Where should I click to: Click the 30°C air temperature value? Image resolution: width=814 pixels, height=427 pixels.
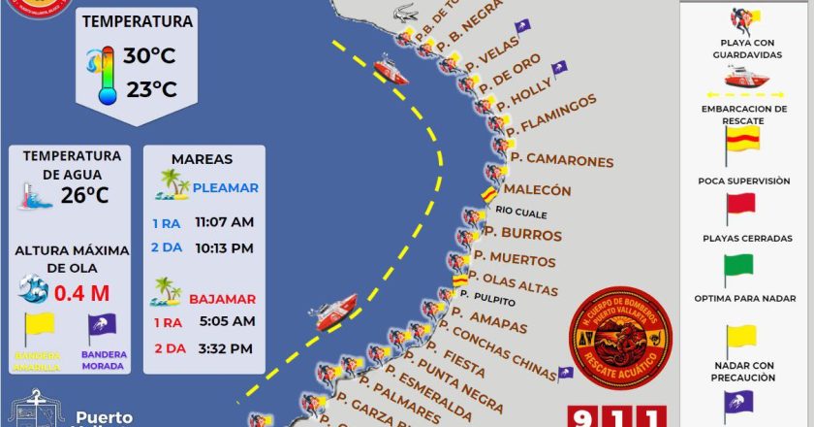[x=149, y=55]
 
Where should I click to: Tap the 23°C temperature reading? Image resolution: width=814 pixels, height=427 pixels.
[x=149, y=90]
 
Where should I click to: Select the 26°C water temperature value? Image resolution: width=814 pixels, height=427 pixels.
[x=84, y=195]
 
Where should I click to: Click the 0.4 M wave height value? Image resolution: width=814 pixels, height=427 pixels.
[x=81, y=292]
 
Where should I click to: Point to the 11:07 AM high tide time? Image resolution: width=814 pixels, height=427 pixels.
[x=224, y=222]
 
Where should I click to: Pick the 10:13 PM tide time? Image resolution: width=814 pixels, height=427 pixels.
[x=224, y=248]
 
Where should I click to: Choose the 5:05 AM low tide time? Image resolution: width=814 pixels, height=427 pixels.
[x=225, y=321]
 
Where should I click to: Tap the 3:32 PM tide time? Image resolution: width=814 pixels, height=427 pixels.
[x=224, y=348]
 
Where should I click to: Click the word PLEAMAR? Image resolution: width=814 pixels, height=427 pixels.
[x=225, y=188]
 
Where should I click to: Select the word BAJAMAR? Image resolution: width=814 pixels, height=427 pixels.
[x=223, y=299]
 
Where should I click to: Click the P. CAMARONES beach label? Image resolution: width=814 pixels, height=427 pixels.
[x=562, y=160]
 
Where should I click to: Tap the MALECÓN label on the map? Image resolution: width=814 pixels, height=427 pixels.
[x=538, y=190]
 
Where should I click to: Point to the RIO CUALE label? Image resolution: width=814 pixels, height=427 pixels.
[x=521, y=213]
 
